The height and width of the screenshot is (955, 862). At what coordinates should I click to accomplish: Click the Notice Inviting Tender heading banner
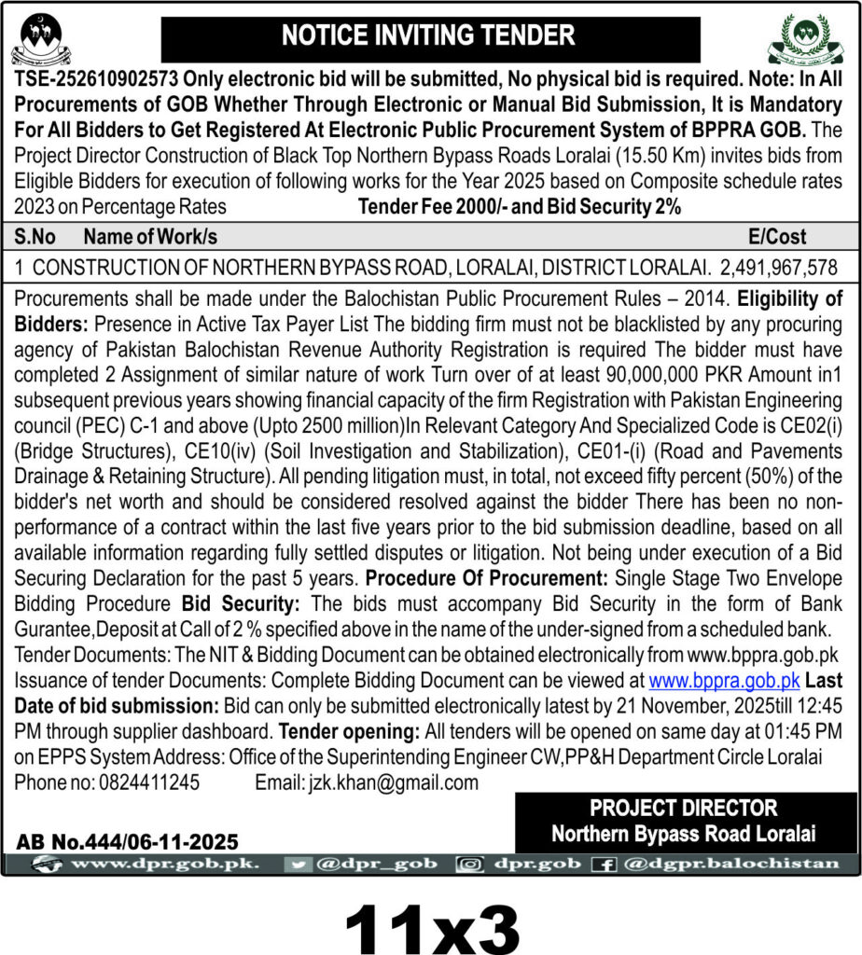(x=430, y=36)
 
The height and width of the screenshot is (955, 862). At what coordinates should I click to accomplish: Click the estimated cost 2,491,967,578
(x=780, y=268)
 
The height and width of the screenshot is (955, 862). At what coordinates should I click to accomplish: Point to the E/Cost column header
(x=777, y=237)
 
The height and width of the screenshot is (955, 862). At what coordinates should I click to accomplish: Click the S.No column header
(x=36, y=237)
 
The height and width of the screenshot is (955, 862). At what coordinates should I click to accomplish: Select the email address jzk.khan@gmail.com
(x=393, y=782)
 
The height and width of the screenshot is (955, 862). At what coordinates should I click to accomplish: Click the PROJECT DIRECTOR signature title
(x=683, y=808)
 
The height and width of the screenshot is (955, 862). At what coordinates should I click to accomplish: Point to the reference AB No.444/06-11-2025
(x=127, y=842)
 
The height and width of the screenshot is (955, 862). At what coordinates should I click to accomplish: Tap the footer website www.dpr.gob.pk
(x=164, y=864)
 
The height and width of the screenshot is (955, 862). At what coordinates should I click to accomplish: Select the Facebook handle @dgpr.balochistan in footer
(x=732, y=864)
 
